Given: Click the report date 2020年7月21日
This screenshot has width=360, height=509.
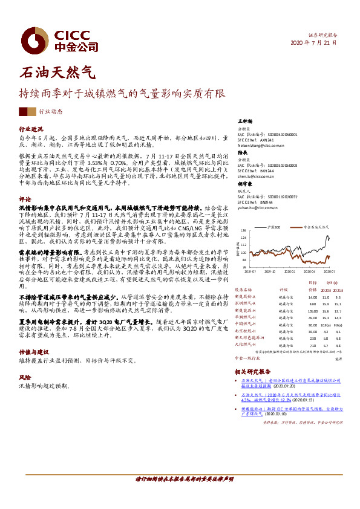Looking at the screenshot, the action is coord(313,43).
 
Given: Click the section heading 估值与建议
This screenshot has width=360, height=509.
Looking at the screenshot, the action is coord(33,351).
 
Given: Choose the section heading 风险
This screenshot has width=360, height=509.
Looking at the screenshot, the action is coord(25,375).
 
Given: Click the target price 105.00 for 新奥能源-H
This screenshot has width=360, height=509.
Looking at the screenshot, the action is coord(312,311).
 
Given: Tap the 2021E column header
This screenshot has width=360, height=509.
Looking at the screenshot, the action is coord(338,290).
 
